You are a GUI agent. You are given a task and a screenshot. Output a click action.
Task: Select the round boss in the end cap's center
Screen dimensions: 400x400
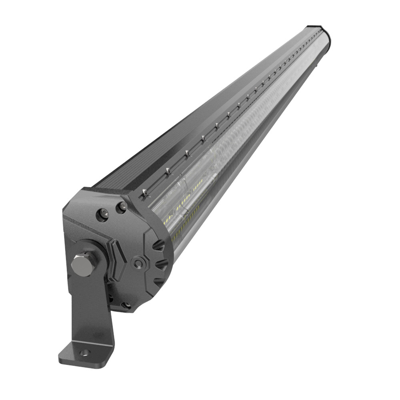click(138, 263)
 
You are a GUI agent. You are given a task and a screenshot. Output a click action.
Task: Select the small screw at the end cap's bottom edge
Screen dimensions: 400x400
click(126, 305)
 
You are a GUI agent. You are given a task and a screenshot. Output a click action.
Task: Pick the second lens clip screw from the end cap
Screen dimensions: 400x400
click(168, 172)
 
